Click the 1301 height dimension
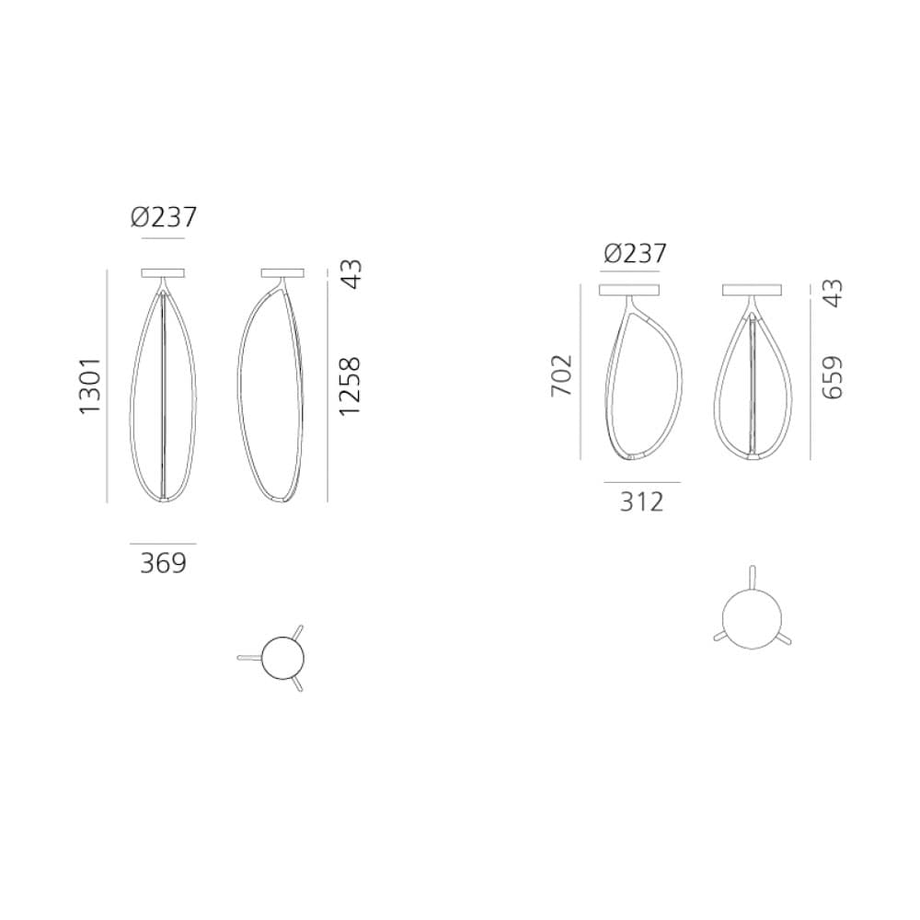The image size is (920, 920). pos(90,386)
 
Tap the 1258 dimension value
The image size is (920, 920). pos(350,386)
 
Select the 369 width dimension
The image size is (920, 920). pos(163,563)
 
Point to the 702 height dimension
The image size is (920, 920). pos(561,375)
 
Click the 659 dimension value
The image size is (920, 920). pos(832,378)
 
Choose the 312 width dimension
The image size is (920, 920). pos(642,501)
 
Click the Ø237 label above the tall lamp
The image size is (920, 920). pos(163,217)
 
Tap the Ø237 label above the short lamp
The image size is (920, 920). pos(635,254)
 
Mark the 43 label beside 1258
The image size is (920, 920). pos(351,274)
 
